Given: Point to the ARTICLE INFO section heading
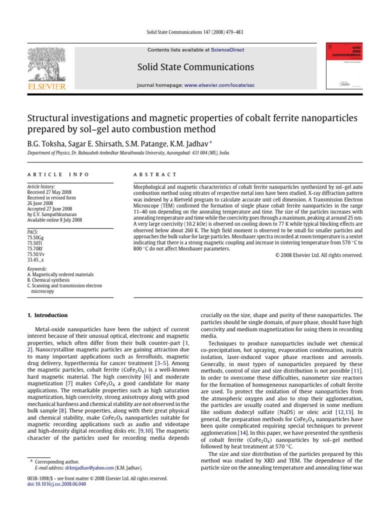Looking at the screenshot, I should [x=57, y=174].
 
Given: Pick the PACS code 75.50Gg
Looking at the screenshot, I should [x=35, y=238].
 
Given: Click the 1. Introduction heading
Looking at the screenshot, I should [x=47, y=315].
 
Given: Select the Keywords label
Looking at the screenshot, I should [x=37, y=269].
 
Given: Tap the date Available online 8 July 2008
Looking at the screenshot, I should [x=55, y=220].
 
